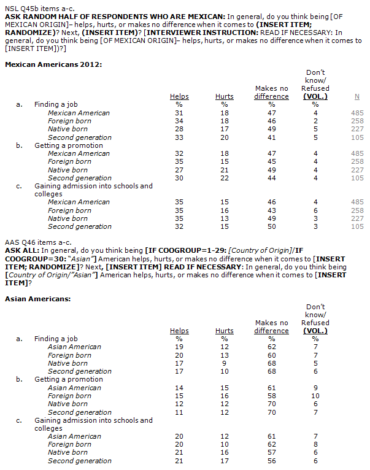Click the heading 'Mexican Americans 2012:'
coord(53,64)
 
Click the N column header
coord(357,96)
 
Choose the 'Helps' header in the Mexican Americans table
coord(179,96)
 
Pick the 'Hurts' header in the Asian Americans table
coord(225,331)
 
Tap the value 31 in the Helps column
coord(179,113)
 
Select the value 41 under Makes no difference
coord(271,137)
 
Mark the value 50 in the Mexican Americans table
coord(271,226)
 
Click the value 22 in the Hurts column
coord(225,178)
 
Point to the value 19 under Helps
coord(179,347)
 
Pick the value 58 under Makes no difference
coord(271,396)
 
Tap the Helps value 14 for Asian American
coord(179,388)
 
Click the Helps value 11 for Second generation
coord(179,412)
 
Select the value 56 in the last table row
coord(271,461)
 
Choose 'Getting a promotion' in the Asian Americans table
coord(68,379)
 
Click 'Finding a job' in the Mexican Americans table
coord(56,104)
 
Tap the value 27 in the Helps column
coord(179,170)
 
